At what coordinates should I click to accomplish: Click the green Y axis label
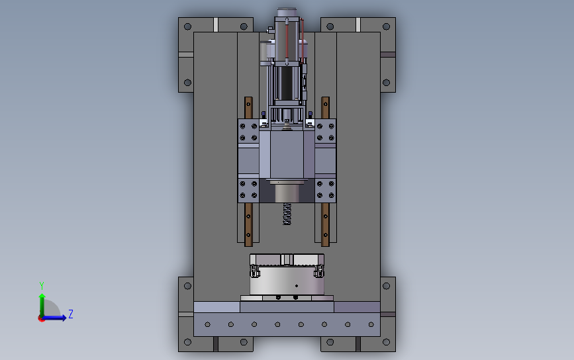(41, 286)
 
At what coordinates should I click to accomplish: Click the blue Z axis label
(71, 314)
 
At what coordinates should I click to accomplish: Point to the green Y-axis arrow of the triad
(42, 305)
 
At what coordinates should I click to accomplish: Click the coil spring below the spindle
(287, 214)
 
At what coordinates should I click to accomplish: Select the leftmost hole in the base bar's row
(208, 324)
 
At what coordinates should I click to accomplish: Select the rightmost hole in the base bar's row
(371, 324)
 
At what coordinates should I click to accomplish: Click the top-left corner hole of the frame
(188, 26)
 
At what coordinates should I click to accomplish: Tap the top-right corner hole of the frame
(386, 26)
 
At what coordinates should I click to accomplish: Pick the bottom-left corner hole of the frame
(188, 342)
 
